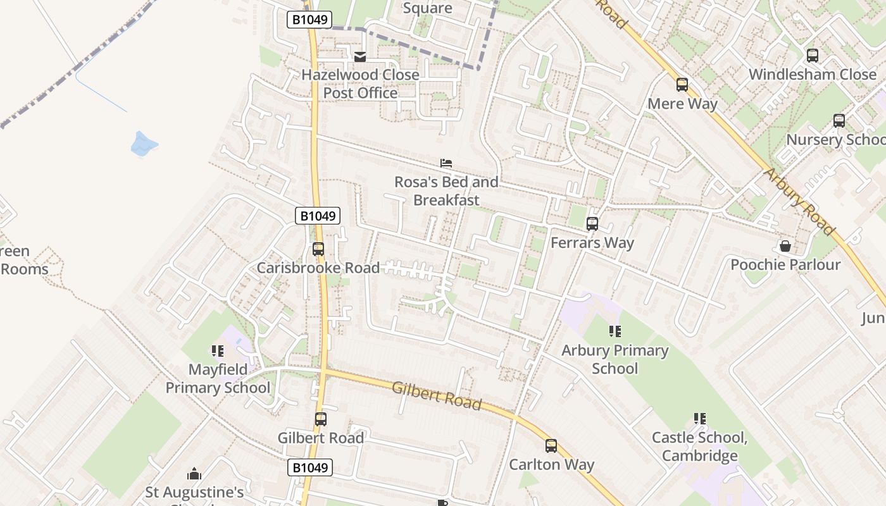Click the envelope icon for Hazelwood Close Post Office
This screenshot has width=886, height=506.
[x=360, y=58]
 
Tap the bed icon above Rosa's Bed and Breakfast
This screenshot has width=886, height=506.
[x=446, y=164]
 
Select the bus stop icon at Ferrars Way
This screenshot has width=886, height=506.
[x=592, y=224]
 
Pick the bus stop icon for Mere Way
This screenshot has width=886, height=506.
[x=682, y=85]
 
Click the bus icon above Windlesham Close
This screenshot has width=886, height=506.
[x=813, y=56]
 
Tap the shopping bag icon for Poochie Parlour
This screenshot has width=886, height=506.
[x=785, y=246]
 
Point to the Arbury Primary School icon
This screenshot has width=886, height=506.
[x=615, y=331]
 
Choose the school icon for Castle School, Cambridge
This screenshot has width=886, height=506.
[x=699, y=419]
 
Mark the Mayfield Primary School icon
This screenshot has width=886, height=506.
[x=218, y=351]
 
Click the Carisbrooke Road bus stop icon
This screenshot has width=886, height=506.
[x=318, y=249]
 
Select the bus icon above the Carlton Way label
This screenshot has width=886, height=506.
[x=551, y=446]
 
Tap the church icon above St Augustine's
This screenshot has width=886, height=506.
[x=194, y=474]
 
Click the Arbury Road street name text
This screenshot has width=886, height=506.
[x=799, y=201]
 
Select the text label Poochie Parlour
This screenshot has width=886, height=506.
[x=785, y=264]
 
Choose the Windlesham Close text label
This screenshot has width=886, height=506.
[x=813, y=74]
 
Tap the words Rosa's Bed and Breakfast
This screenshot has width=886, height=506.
[x=446, y=191]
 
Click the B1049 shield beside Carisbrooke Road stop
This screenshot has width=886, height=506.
[x=318, y=216]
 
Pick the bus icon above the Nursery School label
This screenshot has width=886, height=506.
[x=839, y=121]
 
